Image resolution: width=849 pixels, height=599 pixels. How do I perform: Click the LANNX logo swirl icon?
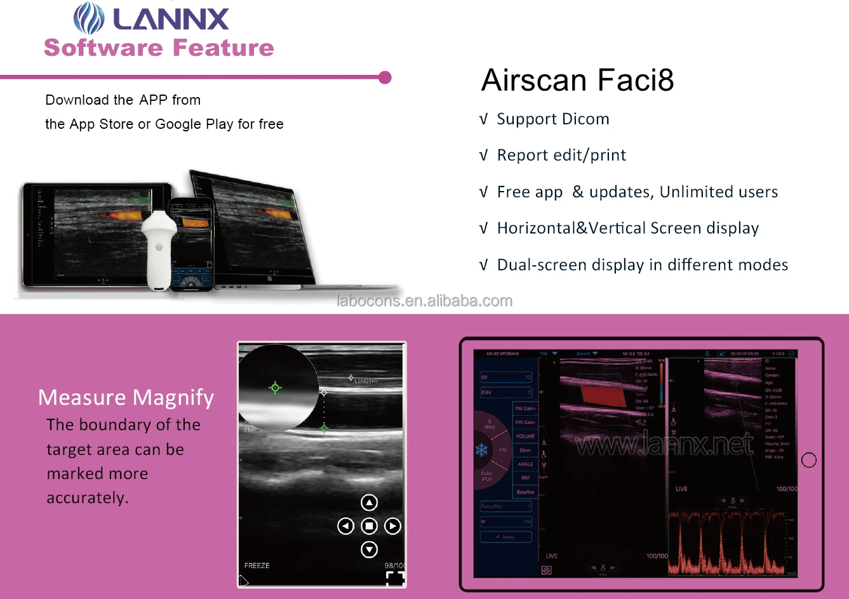pos(89,18)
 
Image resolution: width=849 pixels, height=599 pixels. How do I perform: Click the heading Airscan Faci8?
pos(577,81)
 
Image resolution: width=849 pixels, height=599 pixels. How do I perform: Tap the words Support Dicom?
pos(552,119)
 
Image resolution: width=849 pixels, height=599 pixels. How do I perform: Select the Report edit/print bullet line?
pos(561,155)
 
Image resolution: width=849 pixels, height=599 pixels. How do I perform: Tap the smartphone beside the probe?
pos(191,244)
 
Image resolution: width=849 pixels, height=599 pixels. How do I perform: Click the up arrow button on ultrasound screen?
pos(369,503)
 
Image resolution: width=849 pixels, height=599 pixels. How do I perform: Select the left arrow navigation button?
pos(345,526)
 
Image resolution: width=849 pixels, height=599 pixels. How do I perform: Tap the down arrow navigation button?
pos(369,550)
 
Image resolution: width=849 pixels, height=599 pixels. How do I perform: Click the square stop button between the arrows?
pos(369,526)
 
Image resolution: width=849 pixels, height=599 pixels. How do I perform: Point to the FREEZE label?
pos(257,565)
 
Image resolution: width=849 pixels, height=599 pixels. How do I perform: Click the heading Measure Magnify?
pos(126,398)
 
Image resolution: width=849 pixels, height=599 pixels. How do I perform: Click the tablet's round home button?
pos(808,460)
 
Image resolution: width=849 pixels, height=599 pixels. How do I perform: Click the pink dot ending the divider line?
pos(384,77)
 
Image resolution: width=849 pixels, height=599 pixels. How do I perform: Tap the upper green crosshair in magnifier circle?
pos(275,388)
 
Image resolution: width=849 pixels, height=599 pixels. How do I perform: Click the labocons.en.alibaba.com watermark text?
pos(424,301)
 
